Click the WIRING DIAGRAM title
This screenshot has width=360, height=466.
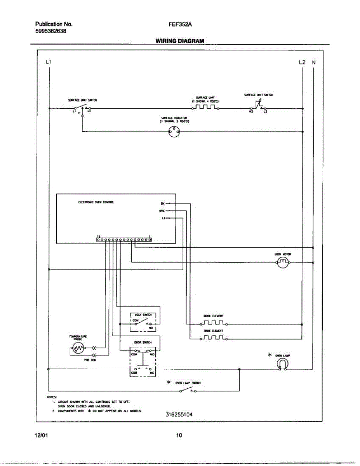[x=180, y=40]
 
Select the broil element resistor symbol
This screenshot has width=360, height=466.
[x=213, y=323]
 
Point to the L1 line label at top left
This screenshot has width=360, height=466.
[x=48, y=62]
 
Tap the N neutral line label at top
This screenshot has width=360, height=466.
[x=314, y=62]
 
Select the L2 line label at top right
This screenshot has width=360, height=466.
[x=302, y=62]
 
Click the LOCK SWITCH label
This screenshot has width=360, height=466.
[x=140, y=314]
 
